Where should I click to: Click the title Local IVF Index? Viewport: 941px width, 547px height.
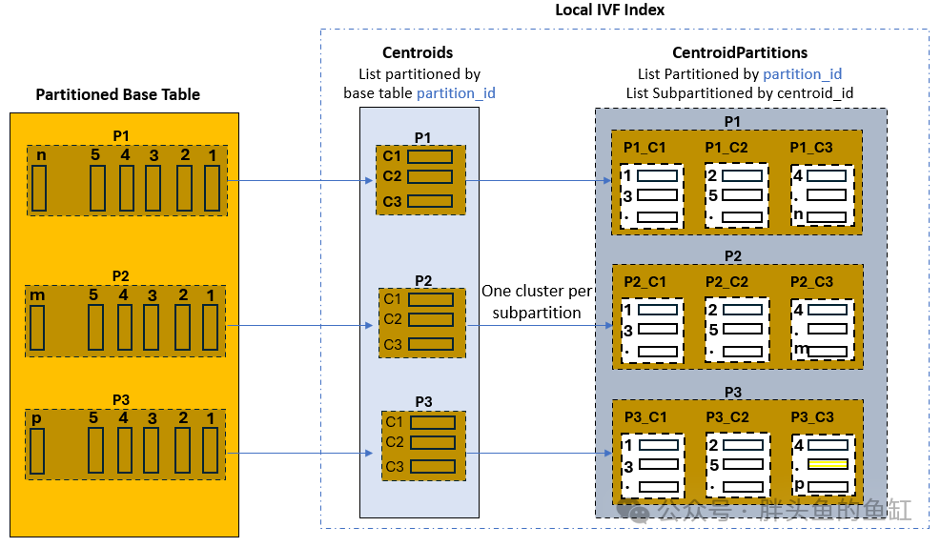tap(610, 10)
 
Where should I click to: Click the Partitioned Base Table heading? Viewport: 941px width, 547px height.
tap(118, 94)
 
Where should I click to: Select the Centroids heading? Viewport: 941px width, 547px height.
tap(418, 52)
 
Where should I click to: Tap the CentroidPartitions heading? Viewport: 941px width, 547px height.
tap(740, 52)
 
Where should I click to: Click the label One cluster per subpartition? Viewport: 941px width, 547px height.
tap(537, 301)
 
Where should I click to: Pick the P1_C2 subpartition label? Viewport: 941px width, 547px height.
tap(727, 147)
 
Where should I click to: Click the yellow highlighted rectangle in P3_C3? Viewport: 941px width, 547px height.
tap(827, 464)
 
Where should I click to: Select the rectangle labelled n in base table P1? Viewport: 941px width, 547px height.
tap(39, 188)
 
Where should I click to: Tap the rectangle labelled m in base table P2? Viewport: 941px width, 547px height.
tap(38, 327)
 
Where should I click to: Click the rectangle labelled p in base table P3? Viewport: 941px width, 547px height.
tap(38, 451)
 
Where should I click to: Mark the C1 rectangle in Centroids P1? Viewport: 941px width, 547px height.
tap(431, 156)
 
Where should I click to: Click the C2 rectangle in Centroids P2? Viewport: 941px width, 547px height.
tap(431, 319)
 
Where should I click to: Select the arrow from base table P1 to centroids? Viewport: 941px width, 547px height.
tap(297, 179)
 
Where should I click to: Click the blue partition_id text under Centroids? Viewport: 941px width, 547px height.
tap(456, 93)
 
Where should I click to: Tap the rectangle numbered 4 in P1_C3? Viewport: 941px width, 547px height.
tap(827, 176)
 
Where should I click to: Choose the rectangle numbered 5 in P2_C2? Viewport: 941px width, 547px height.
tap(742, 330)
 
